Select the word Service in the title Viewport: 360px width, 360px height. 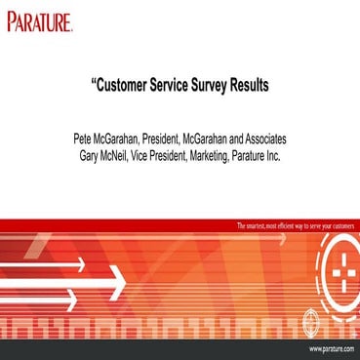[x=180, y=85]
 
